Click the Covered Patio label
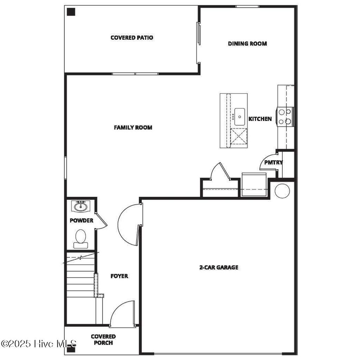[132, 38]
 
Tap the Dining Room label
[247, 44]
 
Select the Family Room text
[133, 127]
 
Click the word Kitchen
[260, 119]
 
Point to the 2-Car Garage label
[219, 267]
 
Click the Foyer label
[119, 276]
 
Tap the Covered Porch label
[103, 340]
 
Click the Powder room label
[81, 220]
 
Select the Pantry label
[274, 162]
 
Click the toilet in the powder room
[81, 238]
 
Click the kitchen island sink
[240, 116]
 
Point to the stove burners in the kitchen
[285, 117]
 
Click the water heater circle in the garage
[282, 191]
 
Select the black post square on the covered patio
[71, 12]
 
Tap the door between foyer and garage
[130, 225]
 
